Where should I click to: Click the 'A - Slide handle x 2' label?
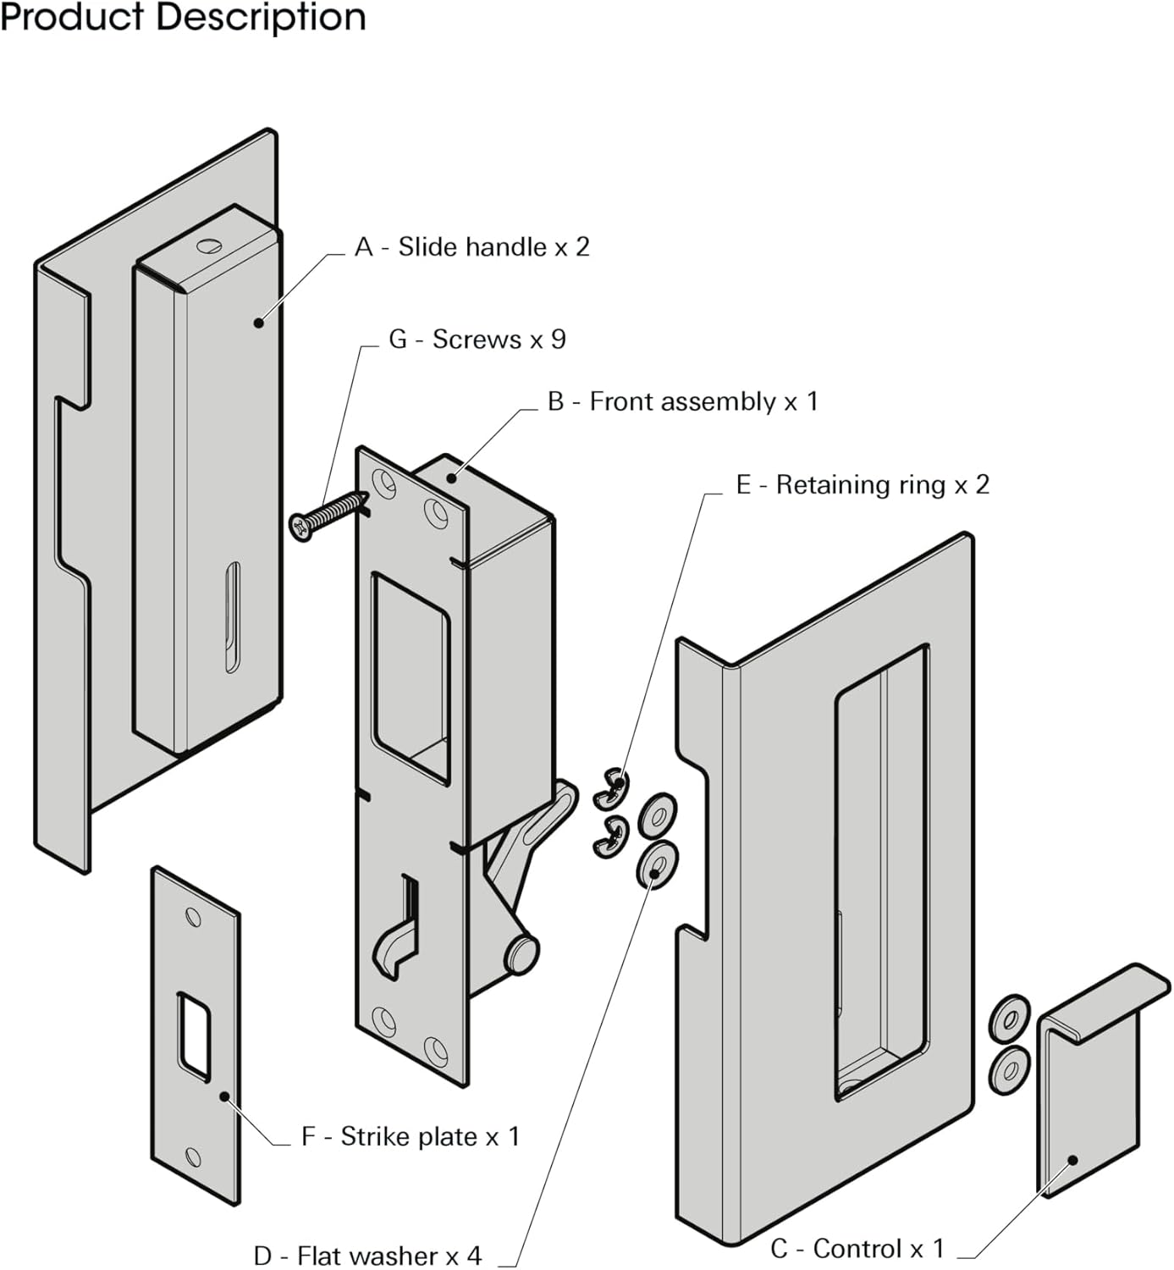coord(471,247)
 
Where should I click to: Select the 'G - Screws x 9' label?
coord(477,340)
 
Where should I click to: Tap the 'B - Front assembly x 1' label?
coord(682,401)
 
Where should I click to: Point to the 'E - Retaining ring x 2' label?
coord(862,485)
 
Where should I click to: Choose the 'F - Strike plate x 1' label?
coord(410,1137)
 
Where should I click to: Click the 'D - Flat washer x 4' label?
coord(367,1255)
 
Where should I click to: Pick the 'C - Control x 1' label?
coord(857,1249)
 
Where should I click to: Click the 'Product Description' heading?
coord(183,17)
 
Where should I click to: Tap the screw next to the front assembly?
coord(327,515)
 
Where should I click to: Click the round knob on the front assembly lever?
coord(521,952)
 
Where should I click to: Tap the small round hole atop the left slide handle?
coord(207,246)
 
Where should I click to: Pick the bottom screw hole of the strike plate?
coord(193,1157)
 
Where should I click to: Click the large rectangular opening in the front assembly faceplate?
coord(411,674)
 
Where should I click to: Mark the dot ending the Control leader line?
coord(1072,1161)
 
